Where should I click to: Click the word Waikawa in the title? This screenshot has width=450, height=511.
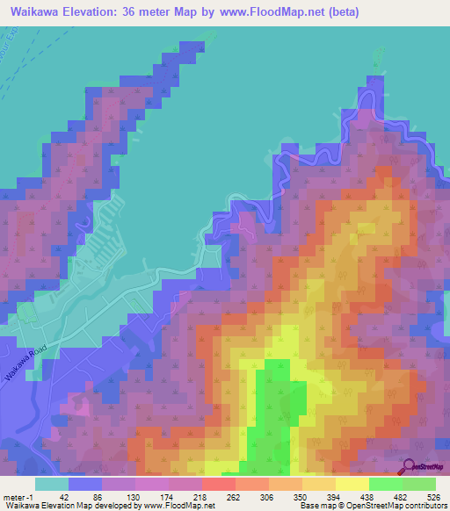pos(36,14)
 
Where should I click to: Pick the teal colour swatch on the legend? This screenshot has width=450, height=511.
pos(51,484)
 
